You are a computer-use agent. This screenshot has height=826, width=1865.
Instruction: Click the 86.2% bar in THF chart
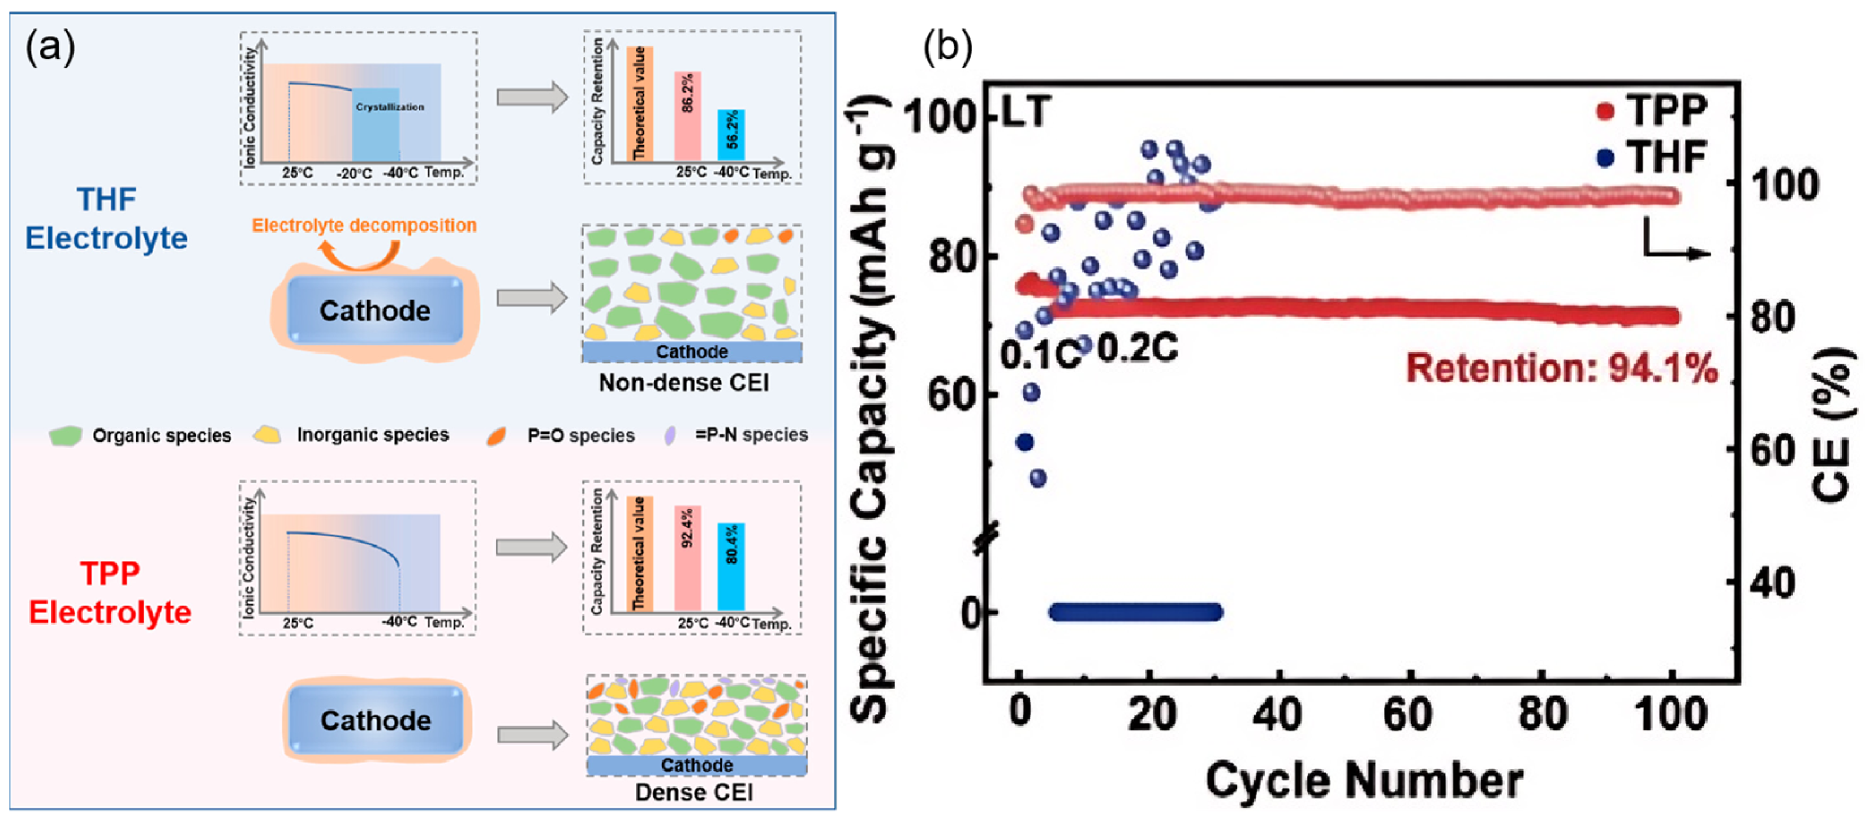click(x=687, y=116)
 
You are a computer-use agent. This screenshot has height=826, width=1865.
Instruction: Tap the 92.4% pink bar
click(x=687, y=557)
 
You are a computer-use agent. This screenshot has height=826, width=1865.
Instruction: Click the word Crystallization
click(x=390, y=107)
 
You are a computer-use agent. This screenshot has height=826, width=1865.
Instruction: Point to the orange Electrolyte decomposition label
click(x=364, y=225)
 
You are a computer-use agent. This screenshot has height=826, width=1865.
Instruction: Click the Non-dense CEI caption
click(x=683, y=382)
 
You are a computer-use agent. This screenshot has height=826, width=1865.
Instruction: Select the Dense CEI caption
click(x=694, y=792)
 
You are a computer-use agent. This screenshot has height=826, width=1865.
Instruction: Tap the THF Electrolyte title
click(x=106, y=218)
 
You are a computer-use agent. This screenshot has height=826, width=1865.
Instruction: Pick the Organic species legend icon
click(x=65, y=436)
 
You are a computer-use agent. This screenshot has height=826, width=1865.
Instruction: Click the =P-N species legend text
click(x=751, y=434)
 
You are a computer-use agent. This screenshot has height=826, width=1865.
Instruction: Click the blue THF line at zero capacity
click(x=1135, y=613)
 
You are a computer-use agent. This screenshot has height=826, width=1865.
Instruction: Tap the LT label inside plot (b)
click(x=1024, y=112)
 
